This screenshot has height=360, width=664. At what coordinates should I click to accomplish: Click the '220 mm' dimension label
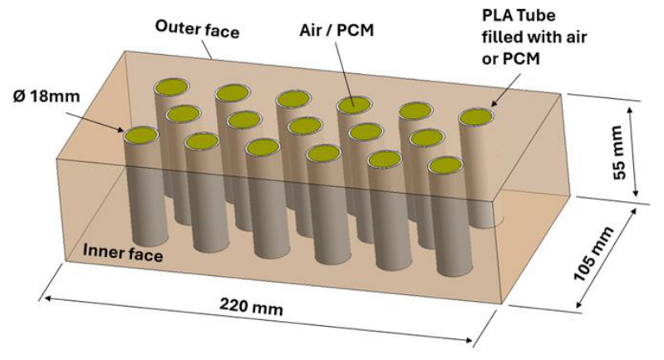251,306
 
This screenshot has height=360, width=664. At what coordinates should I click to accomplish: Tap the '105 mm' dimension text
593,254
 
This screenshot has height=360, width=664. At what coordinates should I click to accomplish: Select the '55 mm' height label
618,152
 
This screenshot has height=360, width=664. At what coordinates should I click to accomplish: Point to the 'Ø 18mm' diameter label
47,96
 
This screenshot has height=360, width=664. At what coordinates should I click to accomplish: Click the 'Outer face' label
197,29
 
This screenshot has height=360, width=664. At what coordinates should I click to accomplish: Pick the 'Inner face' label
123,253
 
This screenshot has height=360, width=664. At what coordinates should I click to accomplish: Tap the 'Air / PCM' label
337,31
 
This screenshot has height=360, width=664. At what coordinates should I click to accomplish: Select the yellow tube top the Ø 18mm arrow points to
141,136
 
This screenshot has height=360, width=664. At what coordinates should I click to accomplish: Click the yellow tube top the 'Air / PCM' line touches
354,105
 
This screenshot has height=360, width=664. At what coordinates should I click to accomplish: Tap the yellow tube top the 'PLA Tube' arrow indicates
476,117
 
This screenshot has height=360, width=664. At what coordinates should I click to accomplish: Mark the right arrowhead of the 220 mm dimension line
469,340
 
